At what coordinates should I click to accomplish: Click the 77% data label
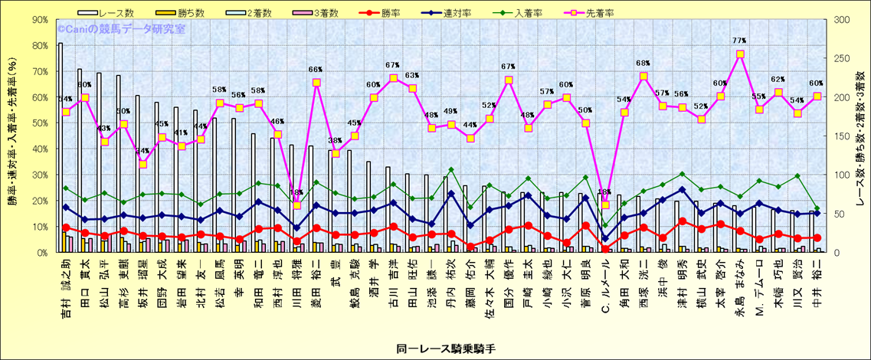(x=739, y=41)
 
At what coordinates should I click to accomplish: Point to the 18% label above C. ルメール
(x=605, y=192)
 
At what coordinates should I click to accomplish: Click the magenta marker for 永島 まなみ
(x=740, y=54)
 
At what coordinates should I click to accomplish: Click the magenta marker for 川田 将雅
(x=297, y=205)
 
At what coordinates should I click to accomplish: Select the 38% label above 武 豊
(x=335, y=140)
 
